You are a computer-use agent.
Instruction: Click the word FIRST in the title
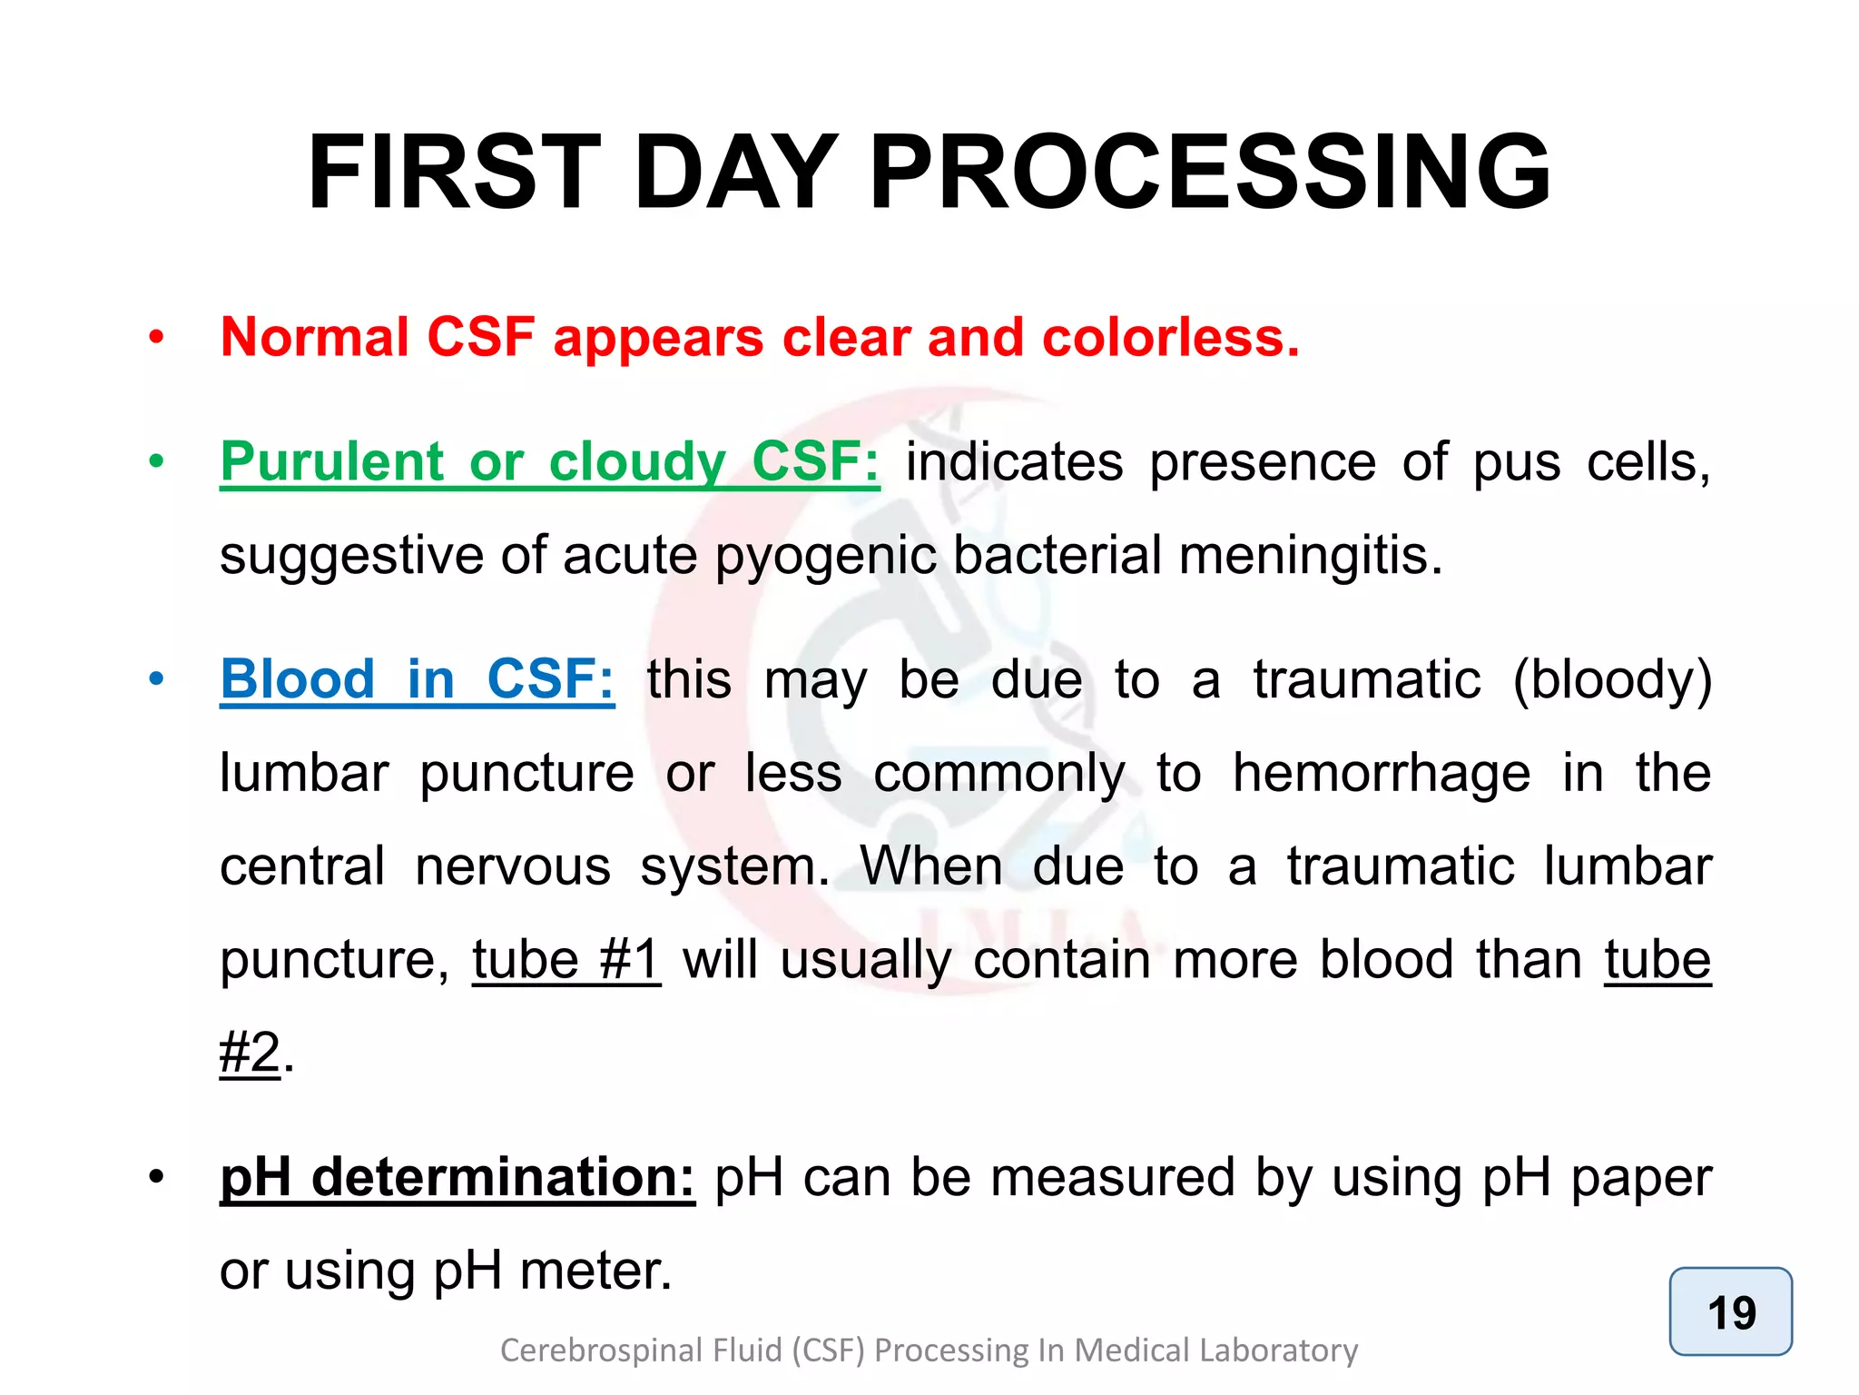click(x=454, y=173)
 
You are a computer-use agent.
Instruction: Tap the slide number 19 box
click(x=1730, y=1311)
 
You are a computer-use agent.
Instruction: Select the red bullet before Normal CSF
click(x=157, y=338)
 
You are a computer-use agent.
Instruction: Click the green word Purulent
click(x=332, y=461)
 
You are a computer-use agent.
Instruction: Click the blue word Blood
click(x=298, y=679)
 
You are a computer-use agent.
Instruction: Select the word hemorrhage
click(x=1381, y=774)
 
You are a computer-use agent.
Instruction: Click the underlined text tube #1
click(x=566, y=959)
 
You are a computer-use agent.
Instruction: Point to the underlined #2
click(x=251, y=1054)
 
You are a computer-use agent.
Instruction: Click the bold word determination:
click(x=503, y=1177)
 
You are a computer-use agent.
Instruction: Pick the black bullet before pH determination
click(x=157, y=1177)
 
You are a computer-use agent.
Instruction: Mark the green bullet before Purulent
click(x=157, y=461)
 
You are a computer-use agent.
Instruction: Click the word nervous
click(x=513, y=866)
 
